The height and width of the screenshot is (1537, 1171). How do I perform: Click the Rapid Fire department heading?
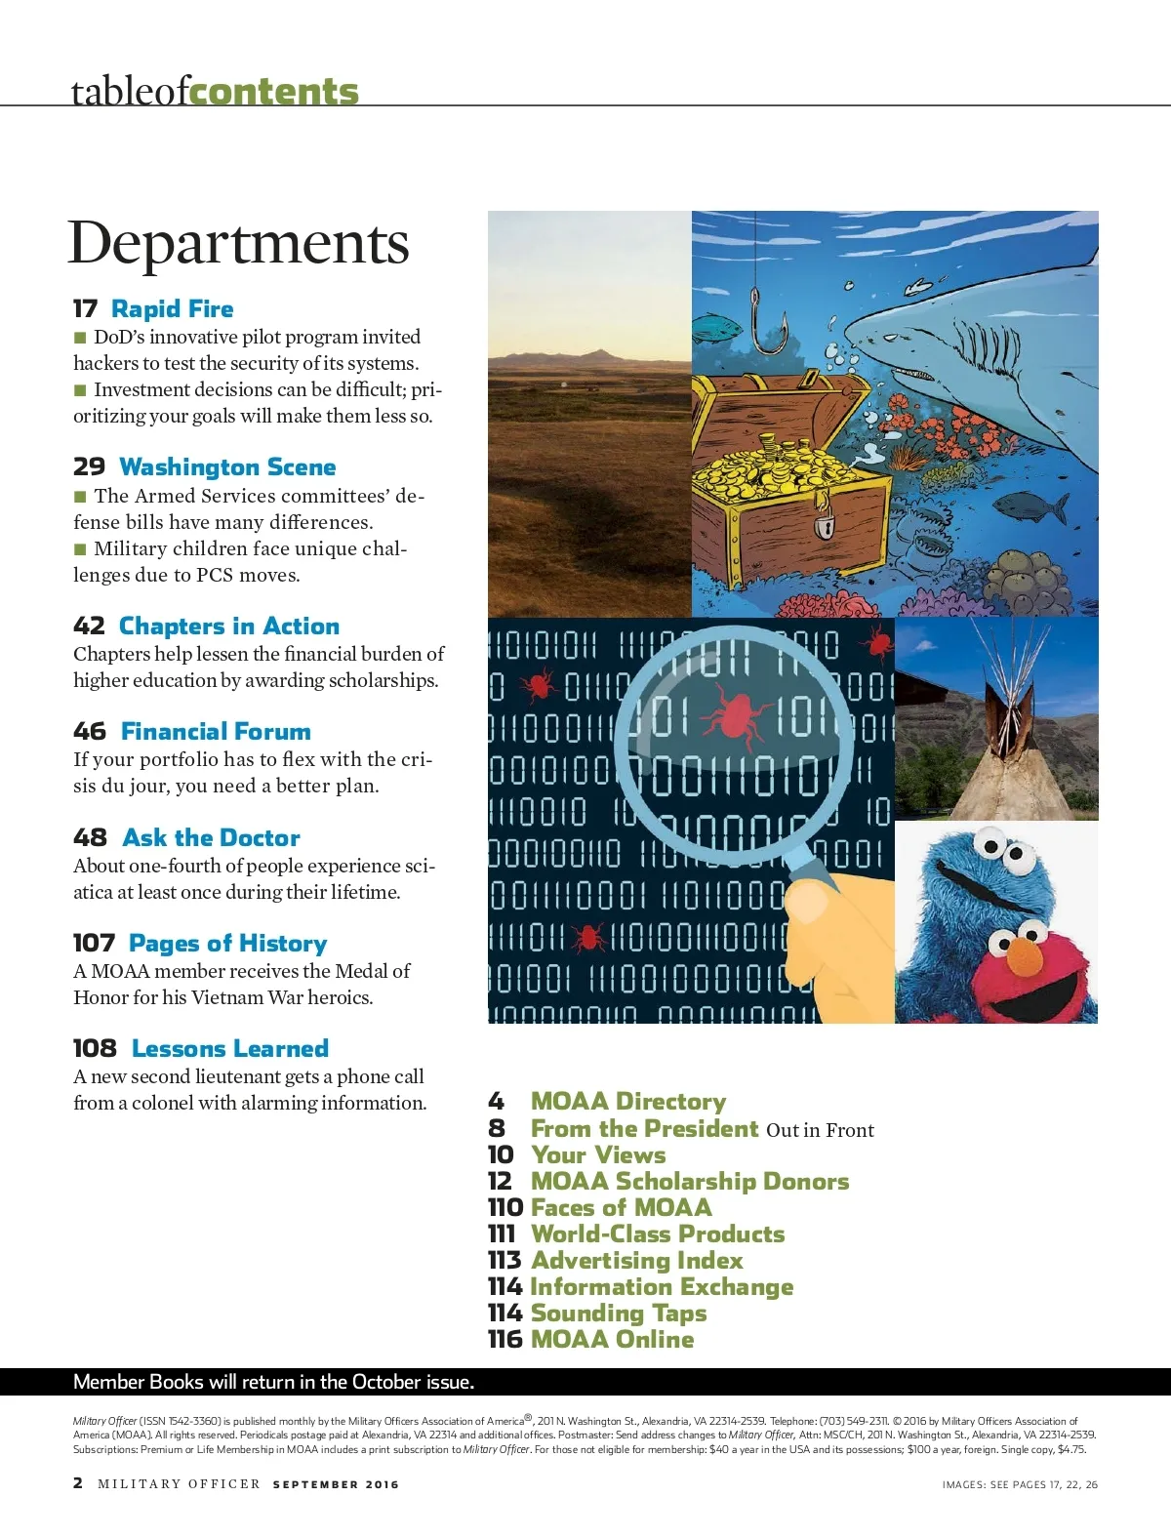(x=172, y=309)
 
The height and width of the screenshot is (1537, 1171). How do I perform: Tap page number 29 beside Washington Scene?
(x=89, y=467)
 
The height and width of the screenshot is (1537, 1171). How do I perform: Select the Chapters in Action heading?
(x=228, y=627)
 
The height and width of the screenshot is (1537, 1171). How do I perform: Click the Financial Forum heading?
(x=216, y=732)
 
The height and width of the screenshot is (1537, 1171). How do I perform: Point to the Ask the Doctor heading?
(x=211, y=838)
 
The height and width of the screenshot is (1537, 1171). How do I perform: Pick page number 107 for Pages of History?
(x=94, y=944)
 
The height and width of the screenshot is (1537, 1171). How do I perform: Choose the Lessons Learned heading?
(x=230, y=1049)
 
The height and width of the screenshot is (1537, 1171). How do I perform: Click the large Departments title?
(x=238, y=243)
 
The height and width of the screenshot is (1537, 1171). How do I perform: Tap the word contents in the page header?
(x=274, y=91)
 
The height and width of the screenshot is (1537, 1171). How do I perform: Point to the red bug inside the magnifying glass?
(x=733, y=712)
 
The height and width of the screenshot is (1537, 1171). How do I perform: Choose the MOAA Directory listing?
(x=627, y=1102)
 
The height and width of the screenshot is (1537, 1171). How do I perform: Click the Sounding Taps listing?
(x=618, y=1314)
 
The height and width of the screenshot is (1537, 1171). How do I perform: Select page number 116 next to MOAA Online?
(x=505, y=1340)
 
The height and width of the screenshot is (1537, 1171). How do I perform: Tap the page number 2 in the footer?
(x=78, y=1483)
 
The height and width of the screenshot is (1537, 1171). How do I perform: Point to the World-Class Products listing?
(x=657, y=1234)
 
